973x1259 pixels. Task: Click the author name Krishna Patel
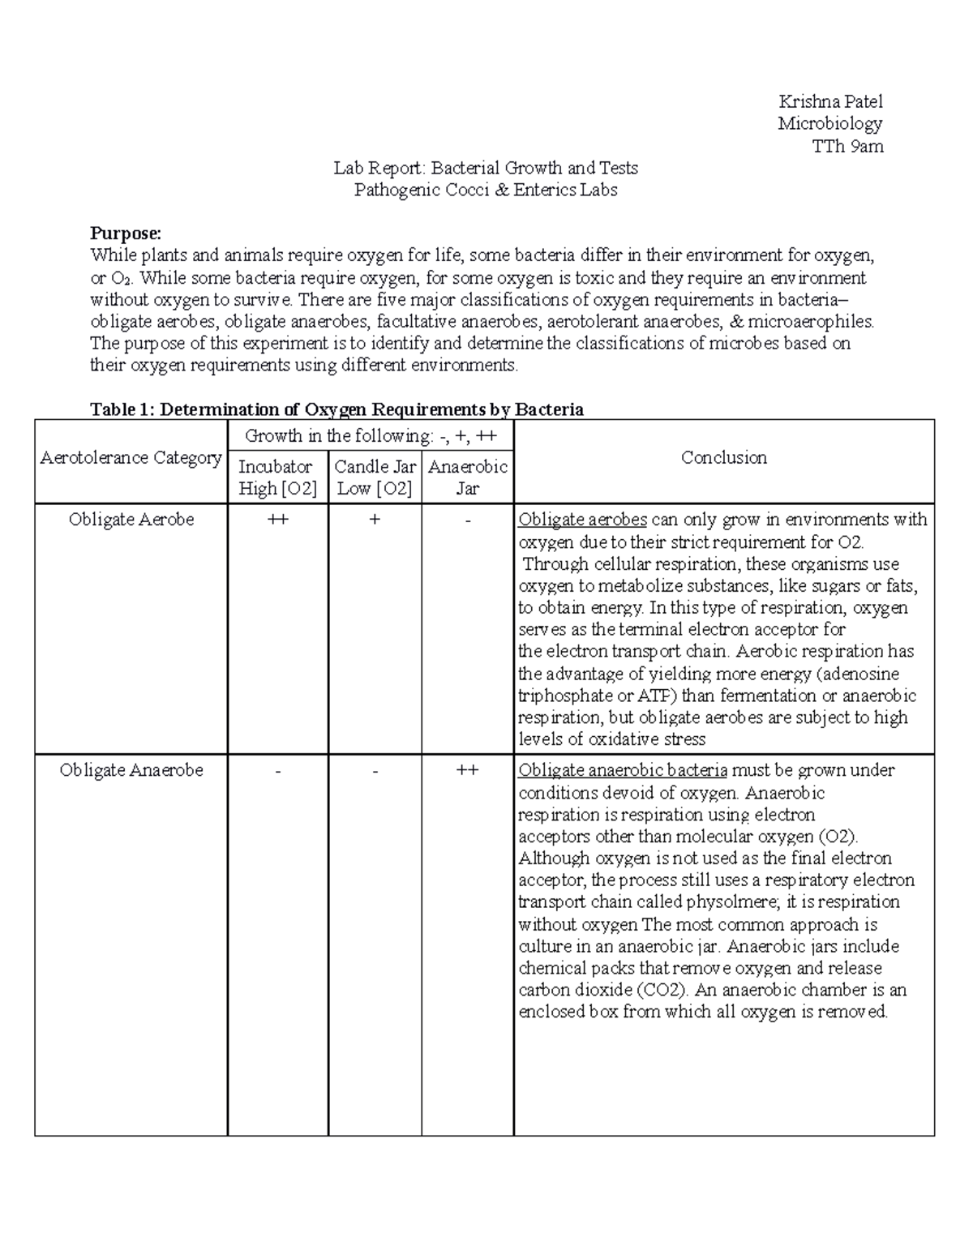click(x=830, y=101)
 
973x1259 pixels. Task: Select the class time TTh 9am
click(x=847, y=146)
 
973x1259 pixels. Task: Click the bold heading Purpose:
click(x=126, y=233)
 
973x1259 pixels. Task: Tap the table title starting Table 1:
click(x=336, y=409)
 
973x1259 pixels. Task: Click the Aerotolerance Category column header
click(x=131, y=458)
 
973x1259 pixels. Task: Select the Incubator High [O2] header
click(x=276, y=477)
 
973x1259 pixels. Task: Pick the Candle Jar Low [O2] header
click(x=375, y=477)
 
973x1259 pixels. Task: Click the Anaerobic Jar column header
click(x=467, y=477)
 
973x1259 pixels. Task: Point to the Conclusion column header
click(x=723, y=458)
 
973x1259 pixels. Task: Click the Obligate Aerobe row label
click(x=131, y=520)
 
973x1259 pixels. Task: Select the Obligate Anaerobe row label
click(x=131, y=770)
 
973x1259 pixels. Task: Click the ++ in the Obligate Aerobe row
click(x=277, y=520)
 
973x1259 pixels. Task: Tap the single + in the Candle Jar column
click(x=375, y=520)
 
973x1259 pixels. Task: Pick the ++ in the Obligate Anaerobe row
click(x=467, y=770)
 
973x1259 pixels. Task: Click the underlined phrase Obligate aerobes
click(x=582, y=520)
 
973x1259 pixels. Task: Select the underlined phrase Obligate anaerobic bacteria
click(x=622, y=770)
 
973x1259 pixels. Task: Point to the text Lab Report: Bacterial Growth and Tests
click(x=486, y=168)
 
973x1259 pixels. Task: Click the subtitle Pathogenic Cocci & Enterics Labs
click(x=486, y=190)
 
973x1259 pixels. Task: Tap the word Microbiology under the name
click(x=829, y=123)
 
